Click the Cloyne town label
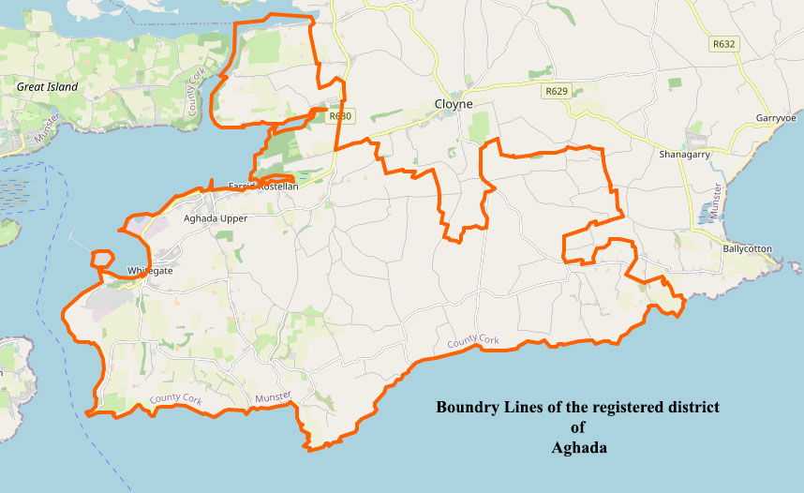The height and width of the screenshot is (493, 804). [x=454, y=104]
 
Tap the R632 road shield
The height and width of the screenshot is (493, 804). [x=723, y=44]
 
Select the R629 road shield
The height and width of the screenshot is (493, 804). [x=557, y=91]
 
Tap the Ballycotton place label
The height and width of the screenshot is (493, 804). [x=748, y=249]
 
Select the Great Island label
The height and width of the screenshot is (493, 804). [x=48, y=86]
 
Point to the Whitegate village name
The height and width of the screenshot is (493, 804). [x=151, y=271]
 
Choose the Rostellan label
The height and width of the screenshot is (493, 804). [x=277, y=187]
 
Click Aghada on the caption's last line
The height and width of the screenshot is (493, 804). [x=578, y=448]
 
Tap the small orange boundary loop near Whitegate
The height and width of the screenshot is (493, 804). [x=102, y=258]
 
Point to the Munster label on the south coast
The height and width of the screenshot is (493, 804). [x=274, y=397]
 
